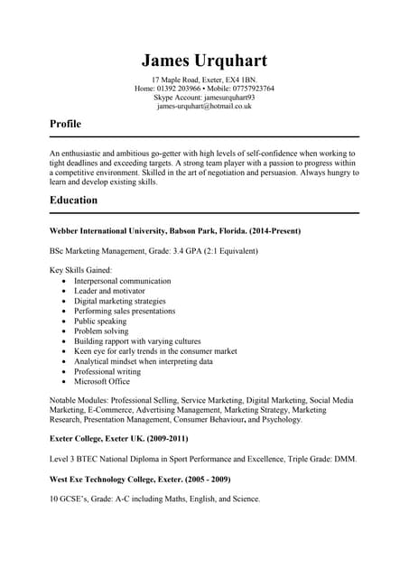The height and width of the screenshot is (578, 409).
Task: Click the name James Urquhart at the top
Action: coord(204,61)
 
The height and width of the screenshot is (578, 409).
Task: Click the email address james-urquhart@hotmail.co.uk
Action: coord(204,106)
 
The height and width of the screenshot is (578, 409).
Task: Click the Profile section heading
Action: coord(65,124)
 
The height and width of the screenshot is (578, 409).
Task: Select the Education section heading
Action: coord(74,200)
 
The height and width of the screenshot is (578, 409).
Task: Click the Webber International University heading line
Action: coord(174,231)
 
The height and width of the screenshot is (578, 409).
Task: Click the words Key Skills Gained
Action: coord(80,270)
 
